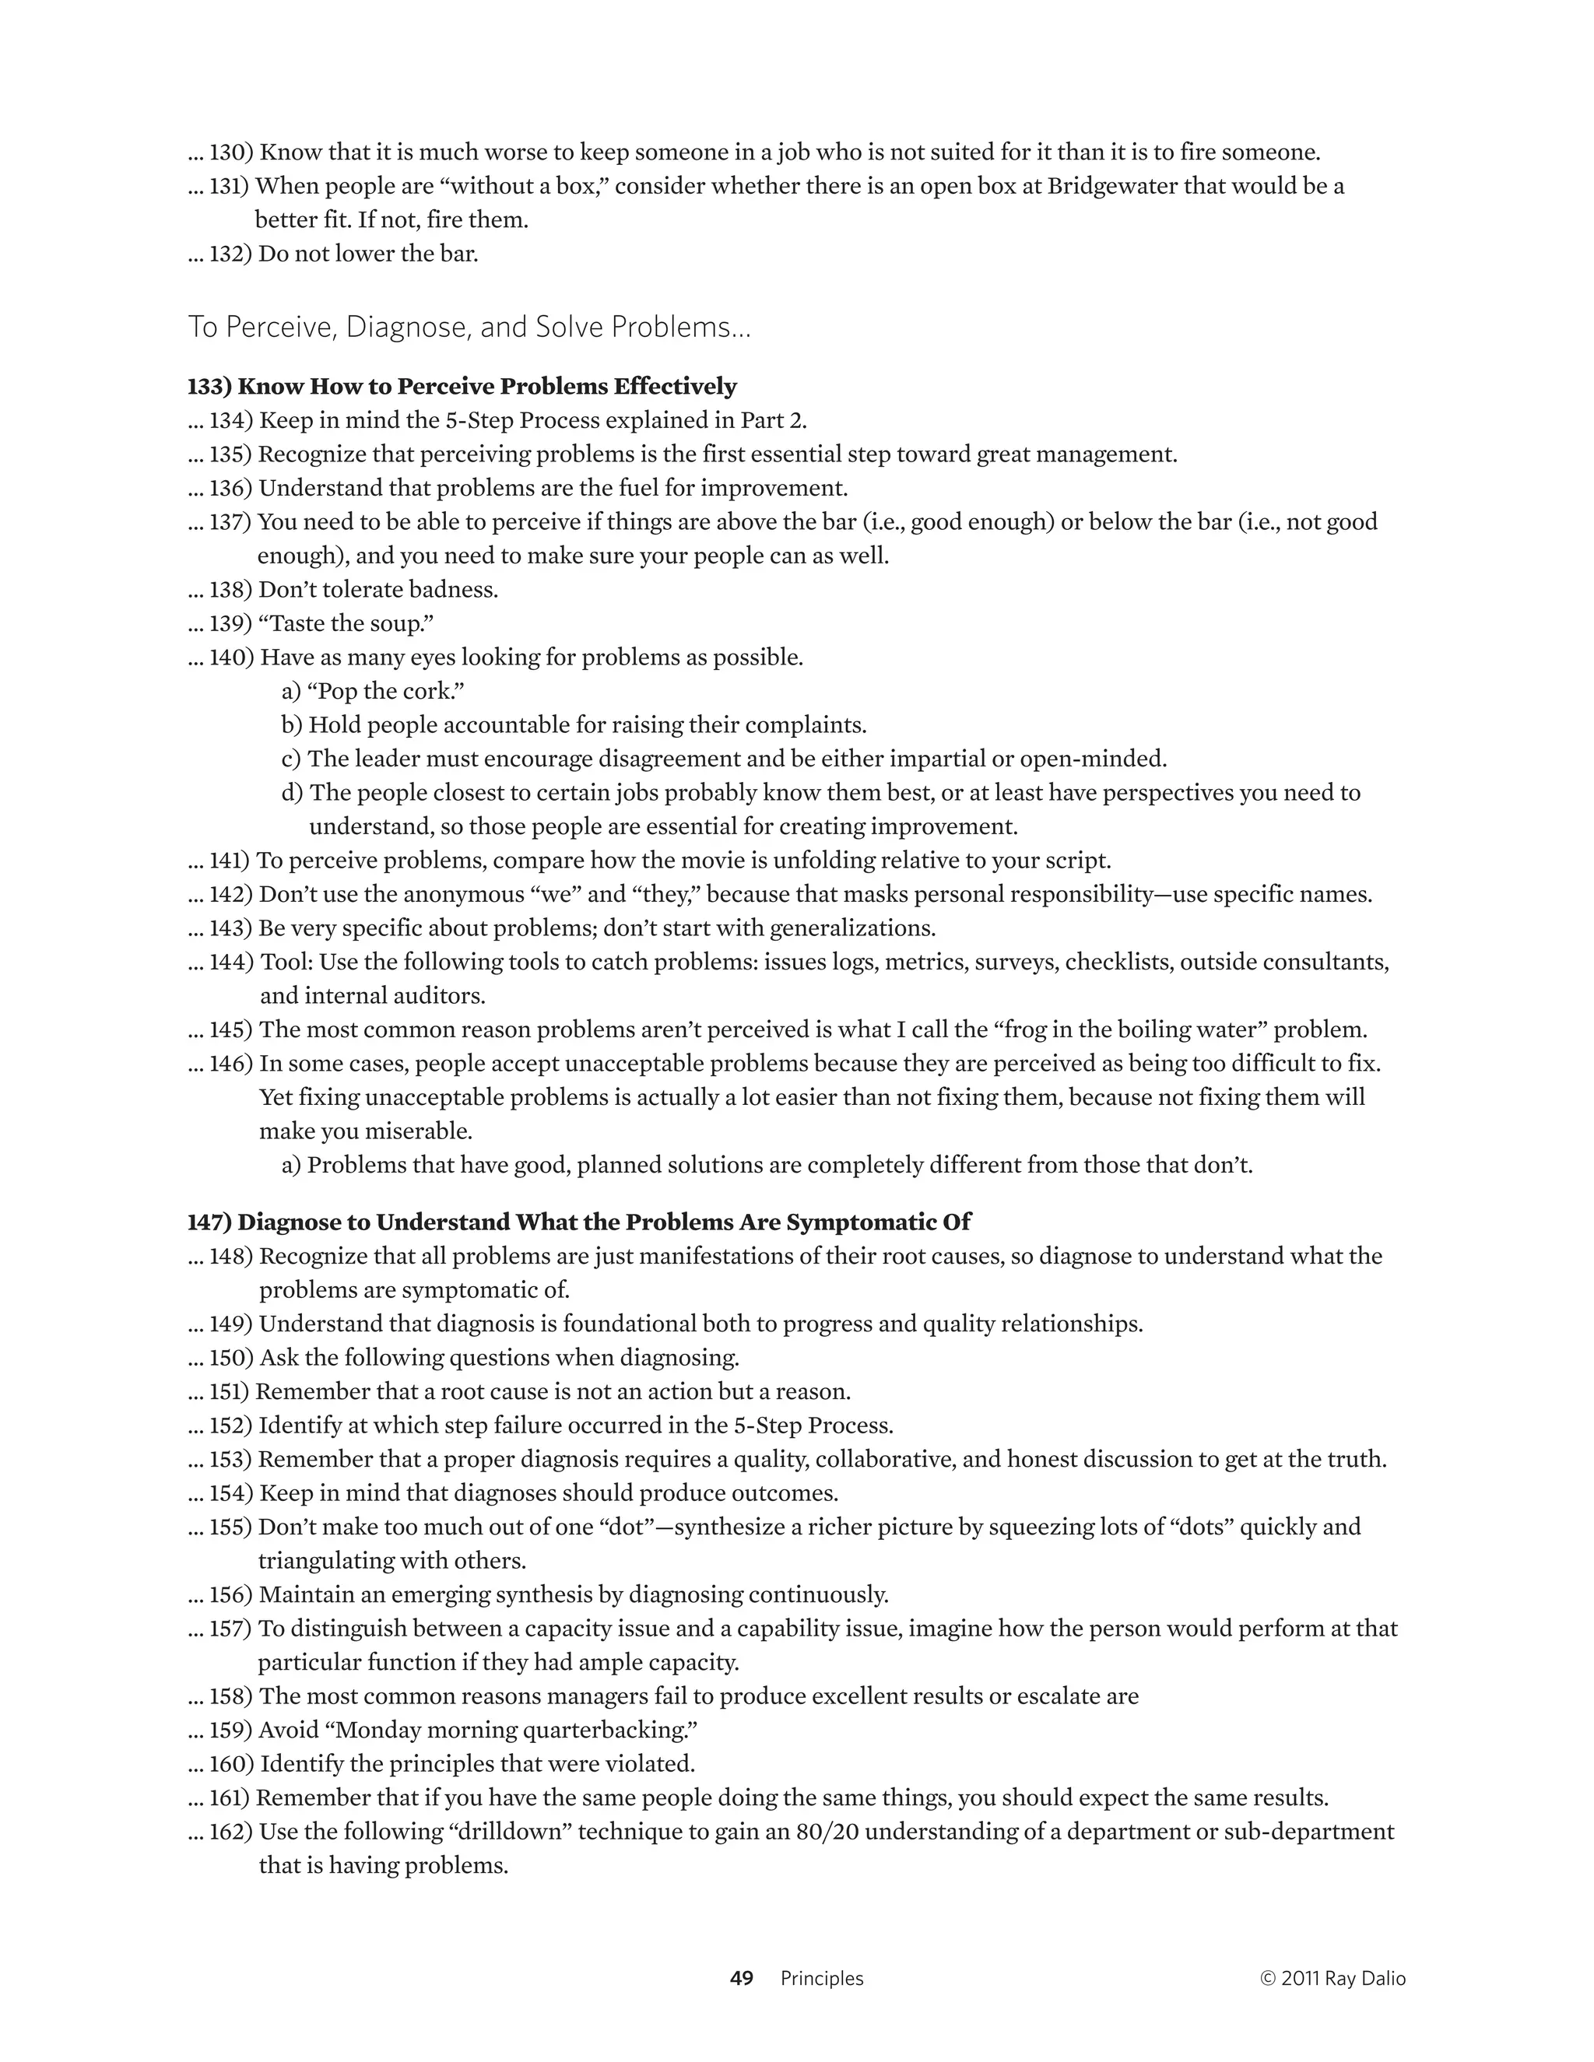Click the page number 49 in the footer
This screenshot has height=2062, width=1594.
[741, 1978]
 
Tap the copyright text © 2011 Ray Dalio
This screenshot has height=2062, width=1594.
[1332, 1978]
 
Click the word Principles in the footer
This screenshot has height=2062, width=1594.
[822, 1978]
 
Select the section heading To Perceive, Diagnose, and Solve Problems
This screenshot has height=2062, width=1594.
[469, 327]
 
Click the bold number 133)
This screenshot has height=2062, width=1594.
[209, 386]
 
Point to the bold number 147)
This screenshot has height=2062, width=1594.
[209, 1222]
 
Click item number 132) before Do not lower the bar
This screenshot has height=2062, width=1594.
[230, 254]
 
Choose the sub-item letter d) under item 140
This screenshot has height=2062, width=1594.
[292, 792]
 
